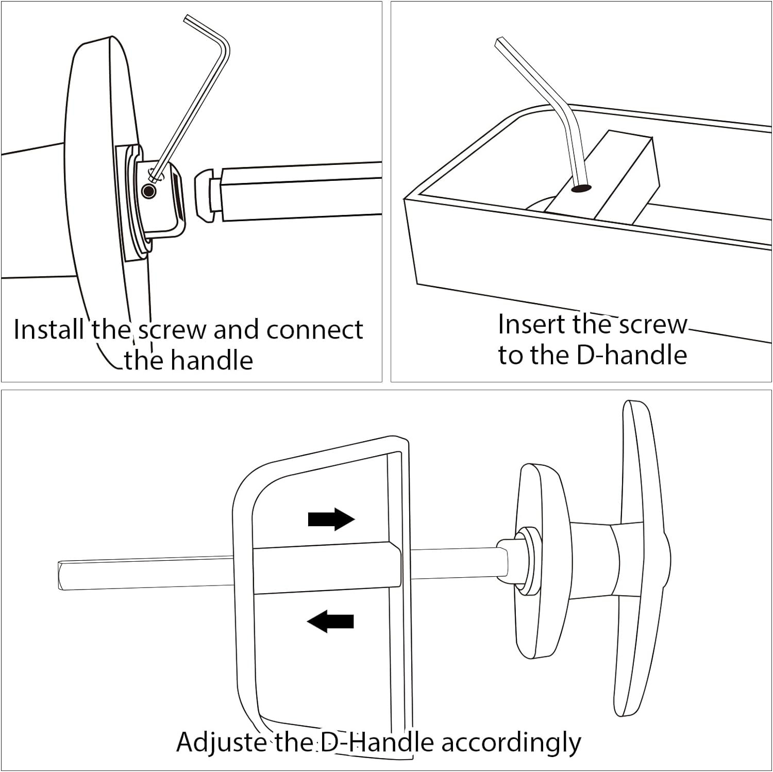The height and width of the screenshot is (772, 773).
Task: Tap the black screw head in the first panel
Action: (149, 192)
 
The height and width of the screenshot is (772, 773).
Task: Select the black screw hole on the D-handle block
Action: (581, 189)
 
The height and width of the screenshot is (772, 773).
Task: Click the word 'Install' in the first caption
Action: (48, 329)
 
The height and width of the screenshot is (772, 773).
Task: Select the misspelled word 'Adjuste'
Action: (222, 742)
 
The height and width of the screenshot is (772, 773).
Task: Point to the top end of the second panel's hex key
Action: (499, 41)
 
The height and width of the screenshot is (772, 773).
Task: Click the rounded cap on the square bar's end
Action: (205, 195)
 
